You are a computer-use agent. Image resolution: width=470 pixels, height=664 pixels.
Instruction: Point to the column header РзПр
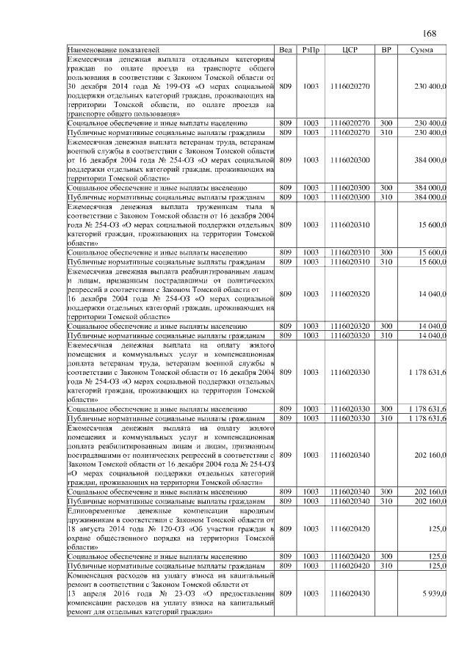[x=311, y=49]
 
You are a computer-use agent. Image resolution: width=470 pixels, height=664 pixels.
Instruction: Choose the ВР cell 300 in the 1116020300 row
[x=386, y=188]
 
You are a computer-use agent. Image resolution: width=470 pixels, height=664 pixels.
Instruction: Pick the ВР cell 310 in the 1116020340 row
[x=386, y=500]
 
